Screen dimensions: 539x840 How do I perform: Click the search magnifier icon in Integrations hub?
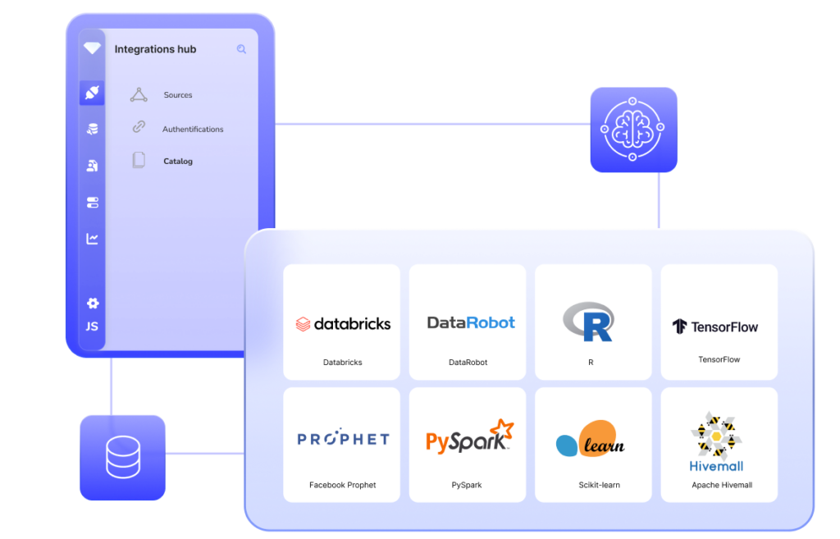(241, 49)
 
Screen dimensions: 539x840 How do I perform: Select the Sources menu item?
(177, 95)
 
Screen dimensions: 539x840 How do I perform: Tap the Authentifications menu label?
(193, 129)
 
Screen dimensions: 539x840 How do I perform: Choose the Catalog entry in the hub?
(178, 162)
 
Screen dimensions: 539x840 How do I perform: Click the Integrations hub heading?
(155, 49)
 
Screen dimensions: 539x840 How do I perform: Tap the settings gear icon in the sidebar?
(93, 304)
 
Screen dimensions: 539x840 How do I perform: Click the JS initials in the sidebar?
(93, 327)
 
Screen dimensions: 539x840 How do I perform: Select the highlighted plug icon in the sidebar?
(92, 93)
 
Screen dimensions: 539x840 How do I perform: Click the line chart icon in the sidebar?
(93, 239)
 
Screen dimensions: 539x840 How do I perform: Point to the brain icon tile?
(633, 130)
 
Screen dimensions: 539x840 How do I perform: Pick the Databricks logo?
(343, 324)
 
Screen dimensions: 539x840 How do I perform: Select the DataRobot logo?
(471, 322)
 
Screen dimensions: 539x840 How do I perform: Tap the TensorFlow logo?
(714, 327)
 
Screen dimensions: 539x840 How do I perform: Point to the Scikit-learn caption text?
(599, 485)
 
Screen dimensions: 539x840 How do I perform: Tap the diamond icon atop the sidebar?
(92, 48)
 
